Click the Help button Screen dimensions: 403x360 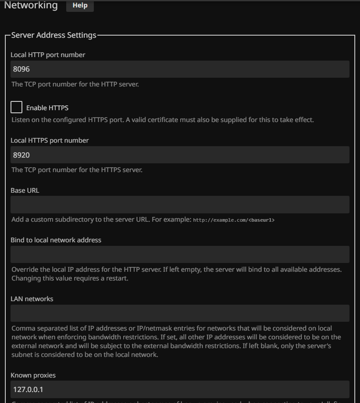coord(80,5)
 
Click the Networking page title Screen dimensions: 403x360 coord(31,5)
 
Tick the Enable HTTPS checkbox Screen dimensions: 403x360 coord(16,107)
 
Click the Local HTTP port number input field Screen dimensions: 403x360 coord(180,69)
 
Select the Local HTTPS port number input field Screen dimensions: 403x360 coord(180,155)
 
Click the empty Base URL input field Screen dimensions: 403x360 coord(180,205)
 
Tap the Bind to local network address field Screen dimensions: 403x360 coord(180,255)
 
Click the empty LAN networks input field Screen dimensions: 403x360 coord(180,313)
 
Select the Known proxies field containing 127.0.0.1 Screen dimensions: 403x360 coord(180,389)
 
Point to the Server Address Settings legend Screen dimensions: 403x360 coord(53,35)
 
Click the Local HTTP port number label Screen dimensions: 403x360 coord(48,55)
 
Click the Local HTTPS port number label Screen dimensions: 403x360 coord(50,140)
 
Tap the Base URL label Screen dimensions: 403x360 coord(25,191)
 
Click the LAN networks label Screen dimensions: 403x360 coord(32,299)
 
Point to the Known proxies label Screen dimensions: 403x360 coord(33,375)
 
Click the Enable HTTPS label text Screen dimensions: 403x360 coord(47,108)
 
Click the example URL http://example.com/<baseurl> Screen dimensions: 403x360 coord(234,220)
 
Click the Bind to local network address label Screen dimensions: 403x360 coord(56,240)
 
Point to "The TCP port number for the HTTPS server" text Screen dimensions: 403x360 coord(77,169)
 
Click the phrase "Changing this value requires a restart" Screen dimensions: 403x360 coord(70,278)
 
